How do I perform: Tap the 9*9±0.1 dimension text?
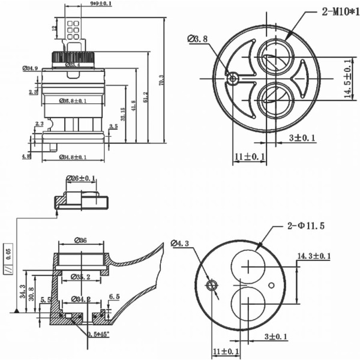coord(101,4)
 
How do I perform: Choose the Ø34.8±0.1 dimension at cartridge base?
coord(73,157)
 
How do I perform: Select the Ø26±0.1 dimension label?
coord(81,178)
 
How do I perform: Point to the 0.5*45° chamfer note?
coord(100,334)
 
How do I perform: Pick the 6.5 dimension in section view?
coord(115,296)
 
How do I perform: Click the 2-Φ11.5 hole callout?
coord(305,226)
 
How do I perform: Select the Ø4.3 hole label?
coord(180,244)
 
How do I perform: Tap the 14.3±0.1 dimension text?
coord(314,256)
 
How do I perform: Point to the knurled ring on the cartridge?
coord(73,58)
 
